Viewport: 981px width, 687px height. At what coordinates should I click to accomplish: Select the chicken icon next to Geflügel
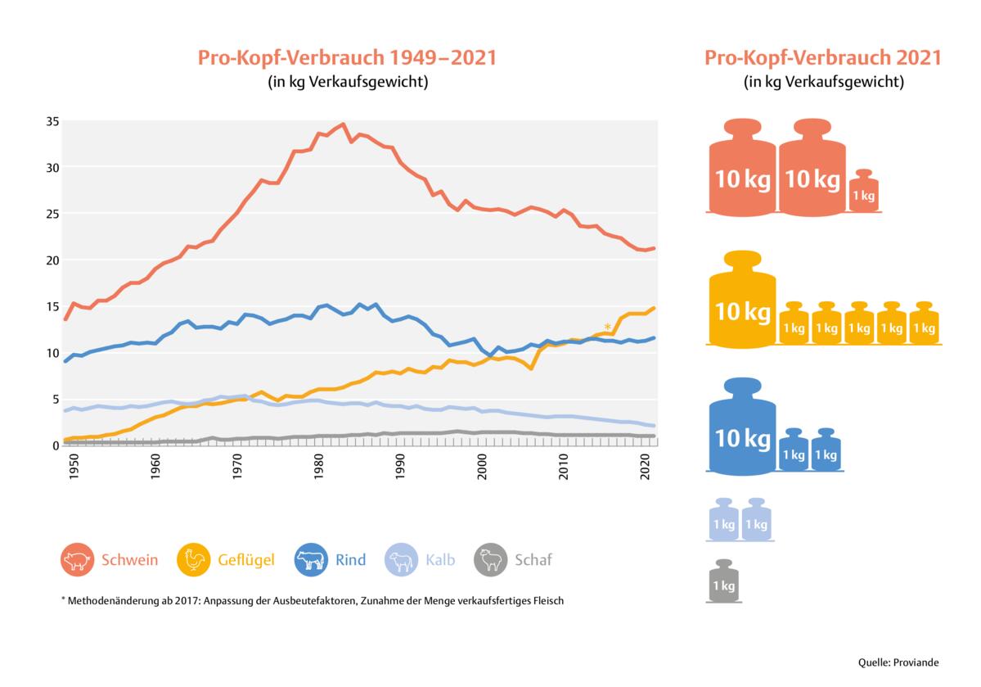(194, 561)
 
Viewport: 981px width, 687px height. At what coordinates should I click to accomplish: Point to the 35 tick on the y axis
(51, 121)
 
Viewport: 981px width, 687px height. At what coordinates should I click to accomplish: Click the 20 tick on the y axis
(51, 260)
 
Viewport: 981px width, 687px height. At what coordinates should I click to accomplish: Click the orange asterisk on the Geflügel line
(607, 327)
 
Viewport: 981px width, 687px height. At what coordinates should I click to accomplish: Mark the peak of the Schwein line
(343, 124)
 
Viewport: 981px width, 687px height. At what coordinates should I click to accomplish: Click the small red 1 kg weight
(863, 192)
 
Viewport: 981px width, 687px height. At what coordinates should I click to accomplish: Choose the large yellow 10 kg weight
(742, 298)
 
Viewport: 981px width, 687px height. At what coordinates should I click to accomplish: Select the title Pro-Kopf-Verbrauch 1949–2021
(347, 58)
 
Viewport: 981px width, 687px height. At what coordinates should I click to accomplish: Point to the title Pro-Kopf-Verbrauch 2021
(823, 58)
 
